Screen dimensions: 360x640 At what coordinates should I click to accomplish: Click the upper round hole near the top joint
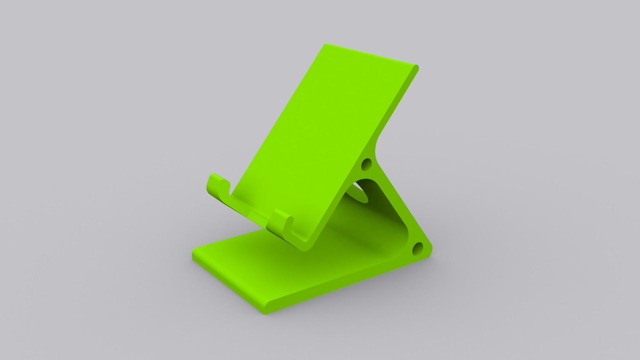coord(367,164)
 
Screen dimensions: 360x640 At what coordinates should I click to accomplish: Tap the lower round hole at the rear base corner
coord(417,248)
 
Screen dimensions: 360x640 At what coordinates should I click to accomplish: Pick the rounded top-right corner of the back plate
coord(416,68)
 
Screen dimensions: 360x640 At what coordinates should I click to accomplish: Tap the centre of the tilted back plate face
coord(323,140)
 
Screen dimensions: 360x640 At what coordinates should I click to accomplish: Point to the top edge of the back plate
coord(370,55)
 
